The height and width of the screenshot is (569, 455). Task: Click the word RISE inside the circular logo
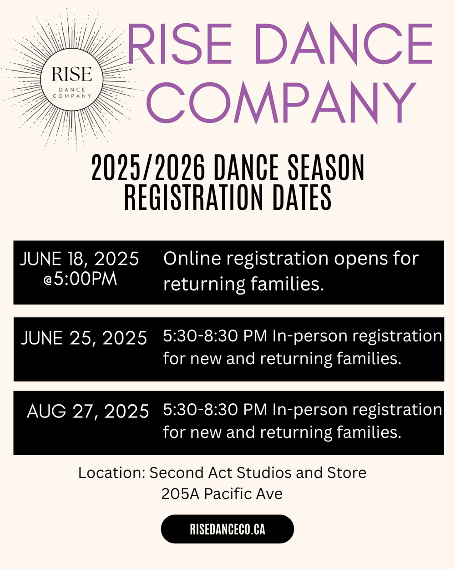(72, 74)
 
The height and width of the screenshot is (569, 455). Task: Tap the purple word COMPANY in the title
(281, 103)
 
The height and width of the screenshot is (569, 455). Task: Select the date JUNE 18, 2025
(79, 259)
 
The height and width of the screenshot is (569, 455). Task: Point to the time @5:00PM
(80, 279)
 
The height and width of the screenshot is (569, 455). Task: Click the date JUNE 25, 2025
(84, 338)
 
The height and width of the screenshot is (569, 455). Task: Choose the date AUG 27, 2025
(88, 412)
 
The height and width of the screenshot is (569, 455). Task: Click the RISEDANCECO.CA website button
(227, 529)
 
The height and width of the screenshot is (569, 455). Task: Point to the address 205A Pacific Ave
(222, 494)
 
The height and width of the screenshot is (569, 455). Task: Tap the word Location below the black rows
(111, 473)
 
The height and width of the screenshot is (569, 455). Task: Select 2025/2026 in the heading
(148, 168)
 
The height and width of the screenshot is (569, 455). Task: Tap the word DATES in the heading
(302, 198)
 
